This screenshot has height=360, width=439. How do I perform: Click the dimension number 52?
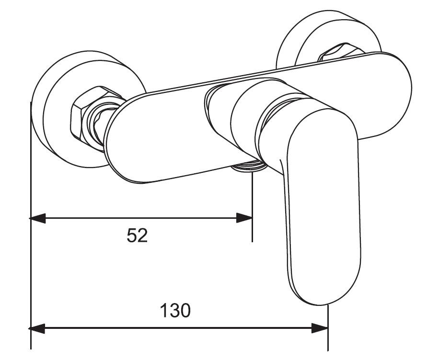pos(137,236)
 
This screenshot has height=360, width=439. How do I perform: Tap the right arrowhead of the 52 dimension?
pos(244,218)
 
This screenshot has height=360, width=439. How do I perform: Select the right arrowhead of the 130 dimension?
pos(320,328)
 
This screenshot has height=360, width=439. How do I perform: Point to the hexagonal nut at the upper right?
pos(341,52)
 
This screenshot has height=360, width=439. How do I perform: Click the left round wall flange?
pos(55,110)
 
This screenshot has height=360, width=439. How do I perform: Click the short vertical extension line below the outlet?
pos(252,211)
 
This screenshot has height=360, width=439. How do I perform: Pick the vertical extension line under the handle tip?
pos(328,330)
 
